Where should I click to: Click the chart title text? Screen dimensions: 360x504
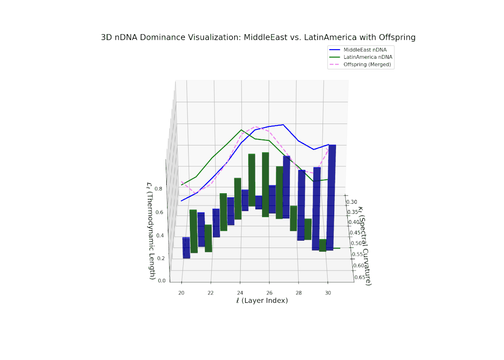coord(258,37)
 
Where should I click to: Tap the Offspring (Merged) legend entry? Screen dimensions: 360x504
coord(367,64)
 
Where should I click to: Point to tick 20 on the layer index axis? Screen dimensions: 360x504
coord(181,292)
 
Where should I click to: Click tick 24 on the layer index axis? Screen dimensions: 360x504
coord(240,292)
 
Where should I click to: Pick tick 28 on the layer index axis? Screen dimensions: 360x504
coord(299,292)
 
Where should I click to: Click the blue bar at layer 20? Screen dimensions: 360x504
coord(186,247)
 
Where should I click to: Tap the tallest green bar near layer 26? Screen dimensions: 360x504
coord(265,185)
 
